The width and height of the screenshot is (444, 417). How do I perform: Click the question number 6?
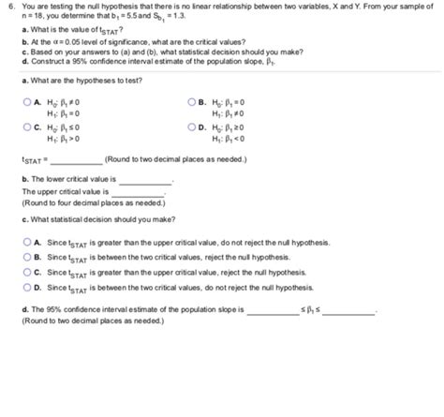pos(9,7)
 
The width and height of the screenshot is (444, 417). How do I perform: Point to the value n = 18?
pos(35,18)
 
